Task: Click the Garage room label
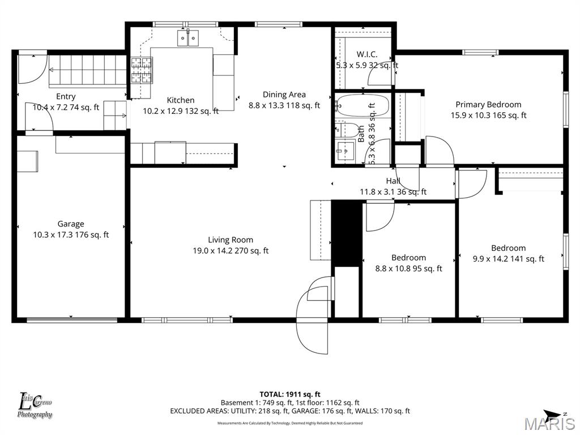[71, 224]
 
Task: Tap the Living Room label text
[230, 240]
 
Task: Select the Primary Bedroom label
[488, 104]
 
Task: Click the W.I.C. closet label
[366, 54]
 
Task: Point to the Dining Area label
[284, 95]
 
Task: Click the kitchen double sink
[188, 38]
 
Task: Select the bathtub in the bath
[362, 106]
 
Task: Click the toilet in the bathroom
[347, 130]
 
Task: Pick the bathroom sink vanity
[345, 151]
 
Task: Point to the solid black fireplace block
[346, 232]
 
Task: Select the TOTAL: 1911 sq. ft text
[290, 394]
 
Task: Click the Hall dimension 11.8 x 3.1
[393, 192]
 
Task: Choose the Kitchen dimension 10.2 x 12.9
[180, 111]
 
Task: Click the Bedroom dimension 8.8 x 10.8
[408, 268]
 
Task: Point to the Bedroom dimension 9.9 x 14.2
[508, 259]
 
